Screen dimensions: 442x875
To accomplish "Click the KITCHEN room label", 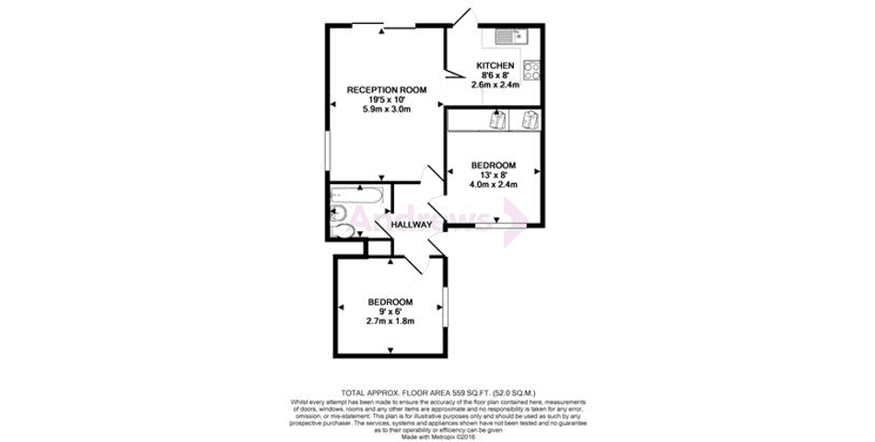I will pos(495,65).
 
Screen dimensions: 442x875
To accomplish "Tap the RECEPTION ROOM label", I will pos(387,89).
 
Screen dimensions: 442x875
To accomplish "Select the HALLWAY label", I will pos(411,225).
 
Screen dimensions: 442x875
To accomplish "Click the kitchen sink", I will pos(508,36).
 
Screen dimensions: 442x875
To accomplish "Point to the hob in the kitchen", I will pos(531,69).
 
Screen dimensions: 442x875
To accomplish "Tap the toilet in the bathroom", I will pos(344,230).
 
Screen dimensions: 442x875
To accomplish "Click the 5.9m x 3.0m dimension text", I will pos(387,109).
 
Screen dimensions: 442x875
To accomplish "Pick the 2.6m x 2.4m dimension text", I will pos(495,85).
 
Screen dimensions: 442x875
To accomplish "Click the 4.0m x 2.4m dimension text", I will pos(493,184).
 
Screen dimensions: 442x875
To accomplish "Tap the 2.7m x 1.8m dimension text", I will pos(391,321).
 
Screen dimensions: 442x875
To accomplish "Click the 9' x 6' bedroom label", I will pos(391,311).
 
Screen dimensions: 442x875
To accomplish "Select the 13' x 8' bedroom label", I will pos(493,175).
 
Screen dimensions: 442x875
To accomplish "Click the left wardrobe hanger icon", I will pos(497,120).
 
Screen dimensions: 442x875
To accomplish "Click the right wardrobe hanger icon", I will pos(529,120).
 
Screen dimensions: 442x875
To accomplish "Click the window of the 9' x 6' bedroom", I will pos(444,306).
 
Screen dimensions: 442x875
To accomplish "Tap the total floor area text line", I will pos(437,393).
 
